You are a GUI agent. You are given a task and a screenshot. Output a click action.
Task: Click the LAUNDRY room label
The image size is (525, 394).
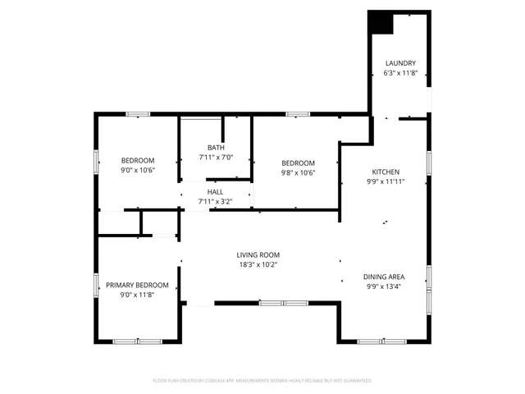pos(401,63)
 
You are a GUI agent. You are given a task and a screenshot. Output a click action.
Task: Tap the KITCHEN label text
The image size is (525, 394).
pos(385,172)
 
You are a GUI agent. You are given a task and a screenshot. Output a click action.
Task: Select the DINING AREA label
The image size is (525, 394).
pos(385,277)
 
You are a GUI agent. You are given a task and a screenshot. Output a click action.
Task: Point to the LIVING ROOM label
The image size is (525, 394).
pos(258,254)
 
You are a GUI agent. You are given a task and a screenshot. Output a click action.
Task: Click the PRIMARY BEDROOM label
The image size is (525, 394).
pos(137,285)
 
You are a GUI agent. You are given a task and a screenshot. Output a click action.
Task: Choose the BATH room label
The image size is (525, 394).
pos(216,148)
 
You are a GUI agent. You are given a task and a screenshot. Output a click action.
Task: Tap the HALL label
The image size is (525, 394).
pos(216,191)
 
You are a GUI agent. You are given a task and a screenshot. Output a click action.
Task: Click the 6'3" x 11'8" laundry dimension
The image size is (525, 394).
pos(401,73)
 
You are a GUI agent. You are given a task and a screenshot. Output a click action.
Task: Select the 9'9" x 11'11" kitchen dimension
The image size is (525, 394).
pos(385,181)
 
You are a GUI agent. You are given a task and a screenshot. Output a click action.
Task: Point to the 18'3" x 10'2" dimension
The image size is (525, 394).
pos(258,264)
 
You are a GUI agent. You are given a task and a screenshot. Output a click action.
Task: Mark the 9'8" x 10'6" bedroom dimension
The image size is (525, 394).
pos(298,172)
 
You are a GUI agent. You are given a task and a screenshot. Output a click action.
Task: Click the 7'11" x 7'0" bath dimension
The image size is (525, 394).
pos(216,158)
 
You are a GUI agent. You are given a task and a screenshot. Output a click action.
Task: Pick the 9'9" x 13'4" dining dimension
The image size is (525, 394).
pos(385,286)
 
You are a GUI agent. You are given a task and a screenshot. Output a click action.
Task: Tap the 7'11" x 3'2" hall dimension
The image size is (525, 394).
pos(216,201)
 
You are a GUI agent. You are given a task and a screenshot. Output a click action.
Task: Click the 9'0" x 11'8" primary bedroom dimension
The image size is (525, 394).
pos(137,295)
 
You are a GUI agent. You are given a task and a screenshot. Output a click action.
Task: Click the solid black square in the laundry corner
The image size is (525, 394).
pos(381,22)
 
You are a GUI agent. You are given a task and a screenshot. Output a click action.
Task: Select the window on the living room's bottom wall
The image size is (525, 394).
pos(276,304)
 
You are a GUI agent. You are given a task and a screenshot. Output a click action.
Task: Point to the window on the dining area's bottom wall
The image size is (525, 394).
pos(382,341)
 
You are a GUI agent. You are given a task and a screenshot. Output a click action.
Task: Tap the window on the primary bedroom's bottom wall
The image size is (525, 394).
pos(137,341)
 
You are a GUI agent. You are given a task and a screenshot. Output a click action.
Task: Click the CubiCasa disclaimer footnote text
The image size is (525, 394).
pos(262,381)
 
